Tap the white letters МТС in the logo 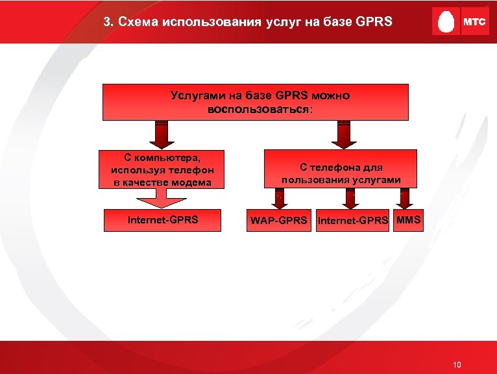pos(474,22)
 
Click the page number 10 pos(457,365)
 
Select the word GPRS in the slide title pos(374,21)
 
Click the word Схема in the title pos(139,21)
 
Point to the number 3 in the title pos(107,21)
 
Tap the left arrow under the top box pos(162,134)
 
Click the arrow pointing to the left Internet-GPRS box pos(167,197)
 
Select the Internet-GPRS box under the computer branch pos(162,219)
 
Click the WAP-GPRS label pos(279,220)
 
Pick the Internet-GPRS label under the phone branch pos(353,220)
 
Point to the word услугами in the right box pos(377,179)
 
